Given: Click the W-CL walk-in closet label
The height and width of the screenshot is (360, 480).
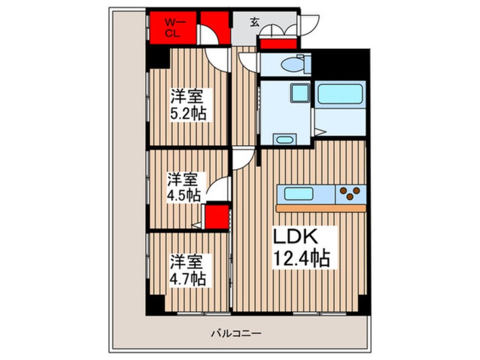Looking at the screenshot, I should point(172,28).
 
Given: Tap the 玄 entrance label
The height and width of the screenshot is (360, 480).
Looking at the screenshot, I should point(255,23).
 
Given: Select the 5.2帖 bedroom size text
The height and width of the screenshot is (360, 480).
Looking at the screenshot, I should point(189,114).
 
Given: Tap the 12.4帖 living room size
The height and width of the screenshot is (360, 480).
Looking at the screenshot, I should point(302,259).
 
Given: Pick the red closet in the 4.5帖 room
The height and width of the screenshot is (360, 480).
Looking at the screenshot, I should point(216,217).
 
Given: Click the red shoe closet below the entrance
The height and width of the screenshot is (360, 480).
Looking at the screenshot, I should point(278,44).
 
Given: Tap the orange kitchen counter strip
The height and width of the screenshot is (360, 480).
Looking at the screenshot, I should point(321,208).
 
